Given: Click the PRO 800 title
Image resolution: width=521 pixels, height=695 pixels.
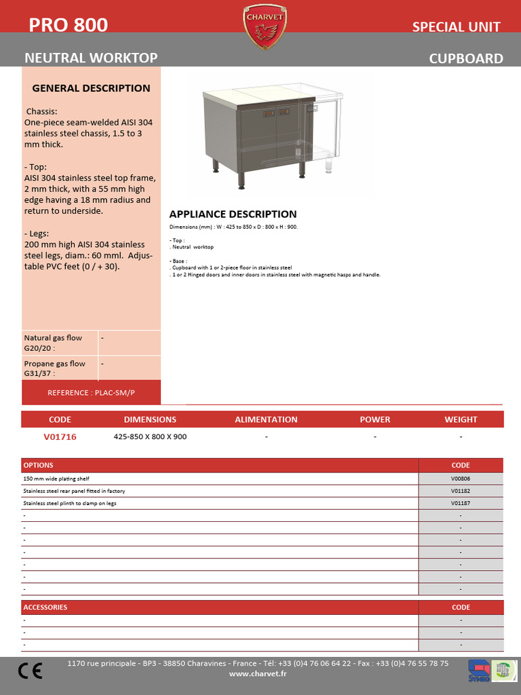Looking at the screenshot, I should pos(68,25).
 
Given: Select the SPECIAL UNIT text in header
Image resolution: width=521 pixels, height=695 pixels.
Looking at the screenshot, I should pos(456,27).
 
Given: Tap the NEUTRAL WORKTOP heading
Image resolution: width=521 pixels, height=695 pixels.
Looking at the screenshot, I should pos(91,58).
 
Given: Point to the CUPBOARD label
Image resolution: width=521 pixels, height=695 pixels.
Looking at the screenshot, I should pos(466,59).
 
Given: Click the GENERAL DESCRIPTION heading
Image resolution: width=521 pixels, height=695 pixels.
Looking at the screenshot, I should pos(92,88).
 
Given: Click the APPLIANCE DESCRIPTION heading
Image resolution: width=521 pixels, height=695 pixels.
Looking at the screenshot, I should pos(233,214).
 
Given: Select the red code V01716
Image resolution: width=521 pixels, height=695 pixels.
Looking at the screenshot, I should pos(60,437).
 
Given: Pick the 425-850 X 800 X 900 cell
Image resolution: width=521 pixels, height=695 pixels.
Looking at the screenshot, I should pos(150,437).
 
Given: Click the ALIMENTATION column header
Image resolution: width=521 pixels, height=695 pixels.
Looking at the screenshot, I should pos(266,419).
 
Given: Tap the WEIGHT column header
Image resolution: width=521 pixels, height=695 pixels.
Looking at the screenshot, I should pos(461,419).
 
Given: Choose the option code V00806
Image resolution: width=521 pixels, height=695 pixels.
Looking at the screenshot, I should pos(461,478).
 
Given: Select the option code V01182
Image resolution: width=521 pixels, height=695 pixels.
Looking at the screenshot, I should pos(461,491).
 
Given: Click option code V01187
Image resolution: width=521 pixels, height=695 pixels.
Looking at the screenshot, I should pos(461,504).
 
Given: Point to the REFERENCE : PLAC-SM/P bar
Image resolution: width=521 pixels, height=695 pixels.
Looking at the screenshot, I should pos(91,393).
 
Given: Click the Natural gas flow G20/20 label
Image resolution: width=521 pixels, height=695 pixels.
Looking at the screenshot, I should pos(53,343).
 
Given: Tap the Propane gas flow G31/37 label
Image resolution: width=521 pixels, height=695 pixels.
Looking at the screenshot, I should pos(54,368).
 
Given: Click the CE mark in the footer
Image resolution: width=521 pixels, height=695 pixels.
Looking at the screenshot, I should pos(30,671).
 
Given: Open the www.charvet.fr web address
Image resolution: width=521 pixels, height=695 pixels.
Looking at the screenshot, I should pos(258,674).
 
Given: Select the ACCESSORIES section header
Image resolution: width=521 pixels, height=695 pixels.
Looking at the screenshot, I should pos(45,607).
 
